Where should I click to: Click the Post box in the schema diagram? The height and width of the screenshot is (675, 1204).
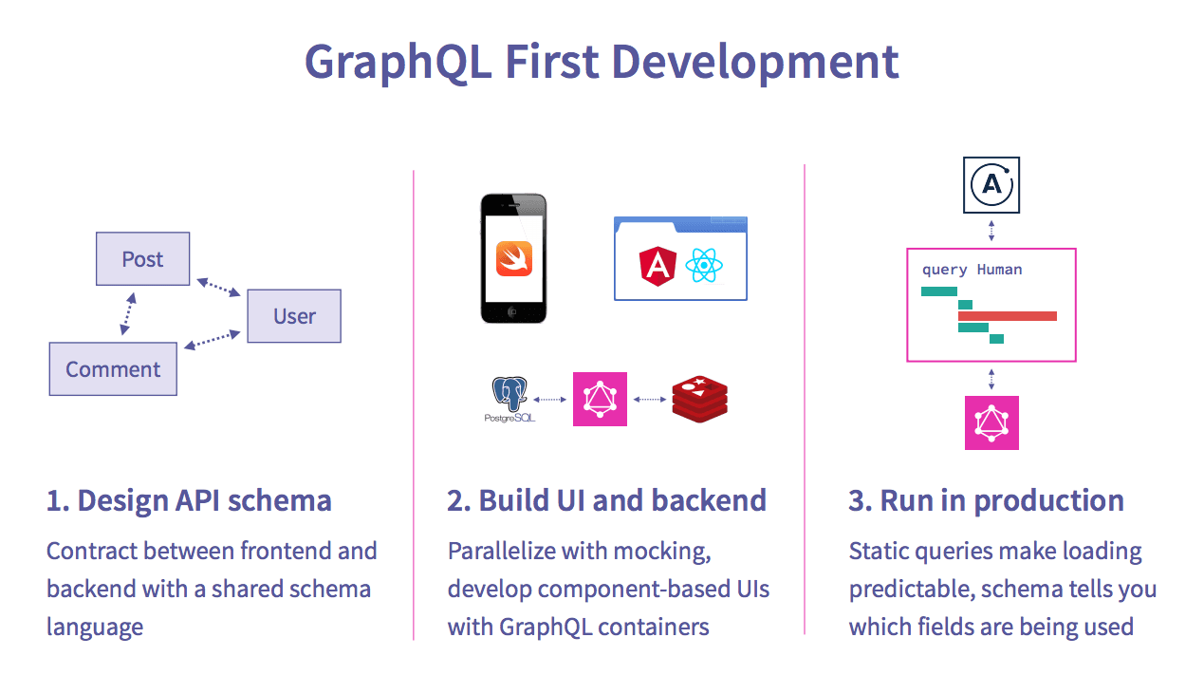click(x=142, y=259)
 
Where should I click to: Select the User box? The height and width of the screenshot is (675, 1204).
click(x=294, y=316)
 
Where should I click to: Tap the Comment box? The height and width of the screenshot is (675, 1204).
click(x=113, y=369)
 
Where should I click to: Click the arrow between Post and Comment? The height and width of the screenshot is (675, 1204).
click(x=128, y=314)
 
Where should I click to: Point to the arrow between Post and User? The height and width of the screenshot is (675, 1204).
click(x=219, y=288)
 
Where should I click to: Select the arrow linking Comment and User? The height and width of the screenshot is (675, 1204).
click(x=213, y=339)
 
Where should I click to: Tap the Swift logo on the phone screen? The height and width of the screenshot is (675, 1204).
click(x=514, y=259)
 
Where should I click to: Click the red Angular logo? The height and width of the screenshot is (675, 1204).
click(x=658, y=266)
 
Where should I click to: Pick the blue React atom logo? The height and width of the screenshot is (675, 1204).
click(x=704, y=265)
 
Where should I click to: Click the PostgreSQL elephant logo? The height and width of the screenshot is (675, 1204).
click(x=509, y=399)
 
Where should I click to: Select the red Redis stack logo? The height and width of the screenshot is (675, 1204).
click(x=699, y=399)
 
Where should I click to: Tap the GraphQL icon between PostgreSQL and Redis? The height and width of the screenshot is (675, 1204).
click(x=600, y=399)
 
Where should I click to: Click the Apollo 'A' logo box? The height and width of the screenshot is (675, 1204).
click(x=991, y=185)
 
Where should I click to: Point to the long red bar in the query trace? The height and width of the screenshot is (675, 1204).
click(x=1008, y=316)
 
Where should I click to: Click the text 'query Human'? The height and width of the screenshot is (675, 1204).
click(x=972, y=270)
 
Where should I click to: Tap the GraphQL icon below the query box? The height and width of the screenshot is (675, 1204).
click(x=991, y=422)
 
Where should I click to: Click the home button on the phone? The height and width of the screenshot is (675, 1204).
click(x=512, y=311)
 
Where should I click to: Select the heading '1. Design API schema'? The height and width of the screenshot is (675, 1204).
click(x=189, y=500)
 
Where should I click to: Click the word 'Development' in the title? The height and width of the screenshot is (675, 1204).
click(x=755, y=62)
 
